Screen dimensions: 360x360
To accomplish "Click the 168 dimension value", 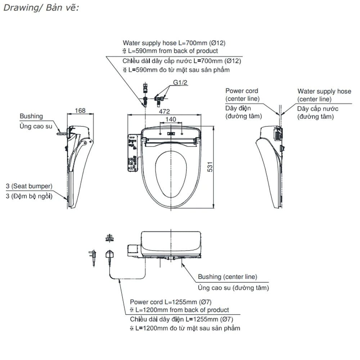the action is coord(80,111).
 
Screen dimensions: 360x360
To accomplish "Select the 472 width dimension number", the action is coord(165,112).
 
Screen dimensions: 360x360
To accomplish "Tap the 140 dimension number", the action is coord(171,120).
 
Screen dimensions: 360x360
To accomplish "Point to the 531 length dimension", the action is coord(210,167).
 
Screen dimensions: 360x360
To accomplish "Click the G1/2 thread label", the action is coord(180,82).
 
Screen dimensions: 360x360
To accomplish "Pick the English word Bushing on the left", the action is coord(31,116).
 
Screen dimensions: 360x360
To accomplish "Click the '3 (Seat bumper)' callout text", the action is coord(29,186).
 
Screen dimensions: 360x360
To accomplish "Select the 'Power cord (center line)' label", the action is coord(242,95).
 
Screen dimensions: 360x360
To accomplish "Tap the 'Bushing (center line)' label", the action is coord(228,277).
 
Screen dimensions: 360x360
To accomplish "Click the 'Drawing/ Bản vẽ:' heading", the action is coord(41,8).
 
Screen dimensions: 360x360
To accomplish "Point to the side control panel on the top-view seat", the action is coord(132,153).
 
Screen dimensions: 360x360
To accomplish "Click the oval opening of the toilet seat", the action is coord(171,175).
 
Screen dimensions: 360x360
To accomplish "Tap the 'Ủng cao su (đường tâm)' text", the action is coord(233,288).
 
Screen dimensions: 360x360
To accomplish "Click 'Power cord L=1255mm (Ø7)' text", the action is coord(171,302).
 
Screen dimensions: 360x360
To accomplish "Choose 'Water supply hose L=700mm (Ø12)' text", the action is coord(174,43).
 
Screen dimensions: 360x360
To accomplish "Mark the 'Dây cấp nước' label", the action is coord(318,109).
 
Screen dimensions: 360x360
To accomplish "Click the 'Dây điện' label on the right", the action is coord(238,108).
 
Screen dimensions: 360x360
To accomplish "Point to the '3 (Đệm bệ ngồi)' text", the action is coord(29,196).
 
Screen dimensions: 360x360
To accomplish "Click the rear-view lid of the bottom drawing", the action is coord(171,244).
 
